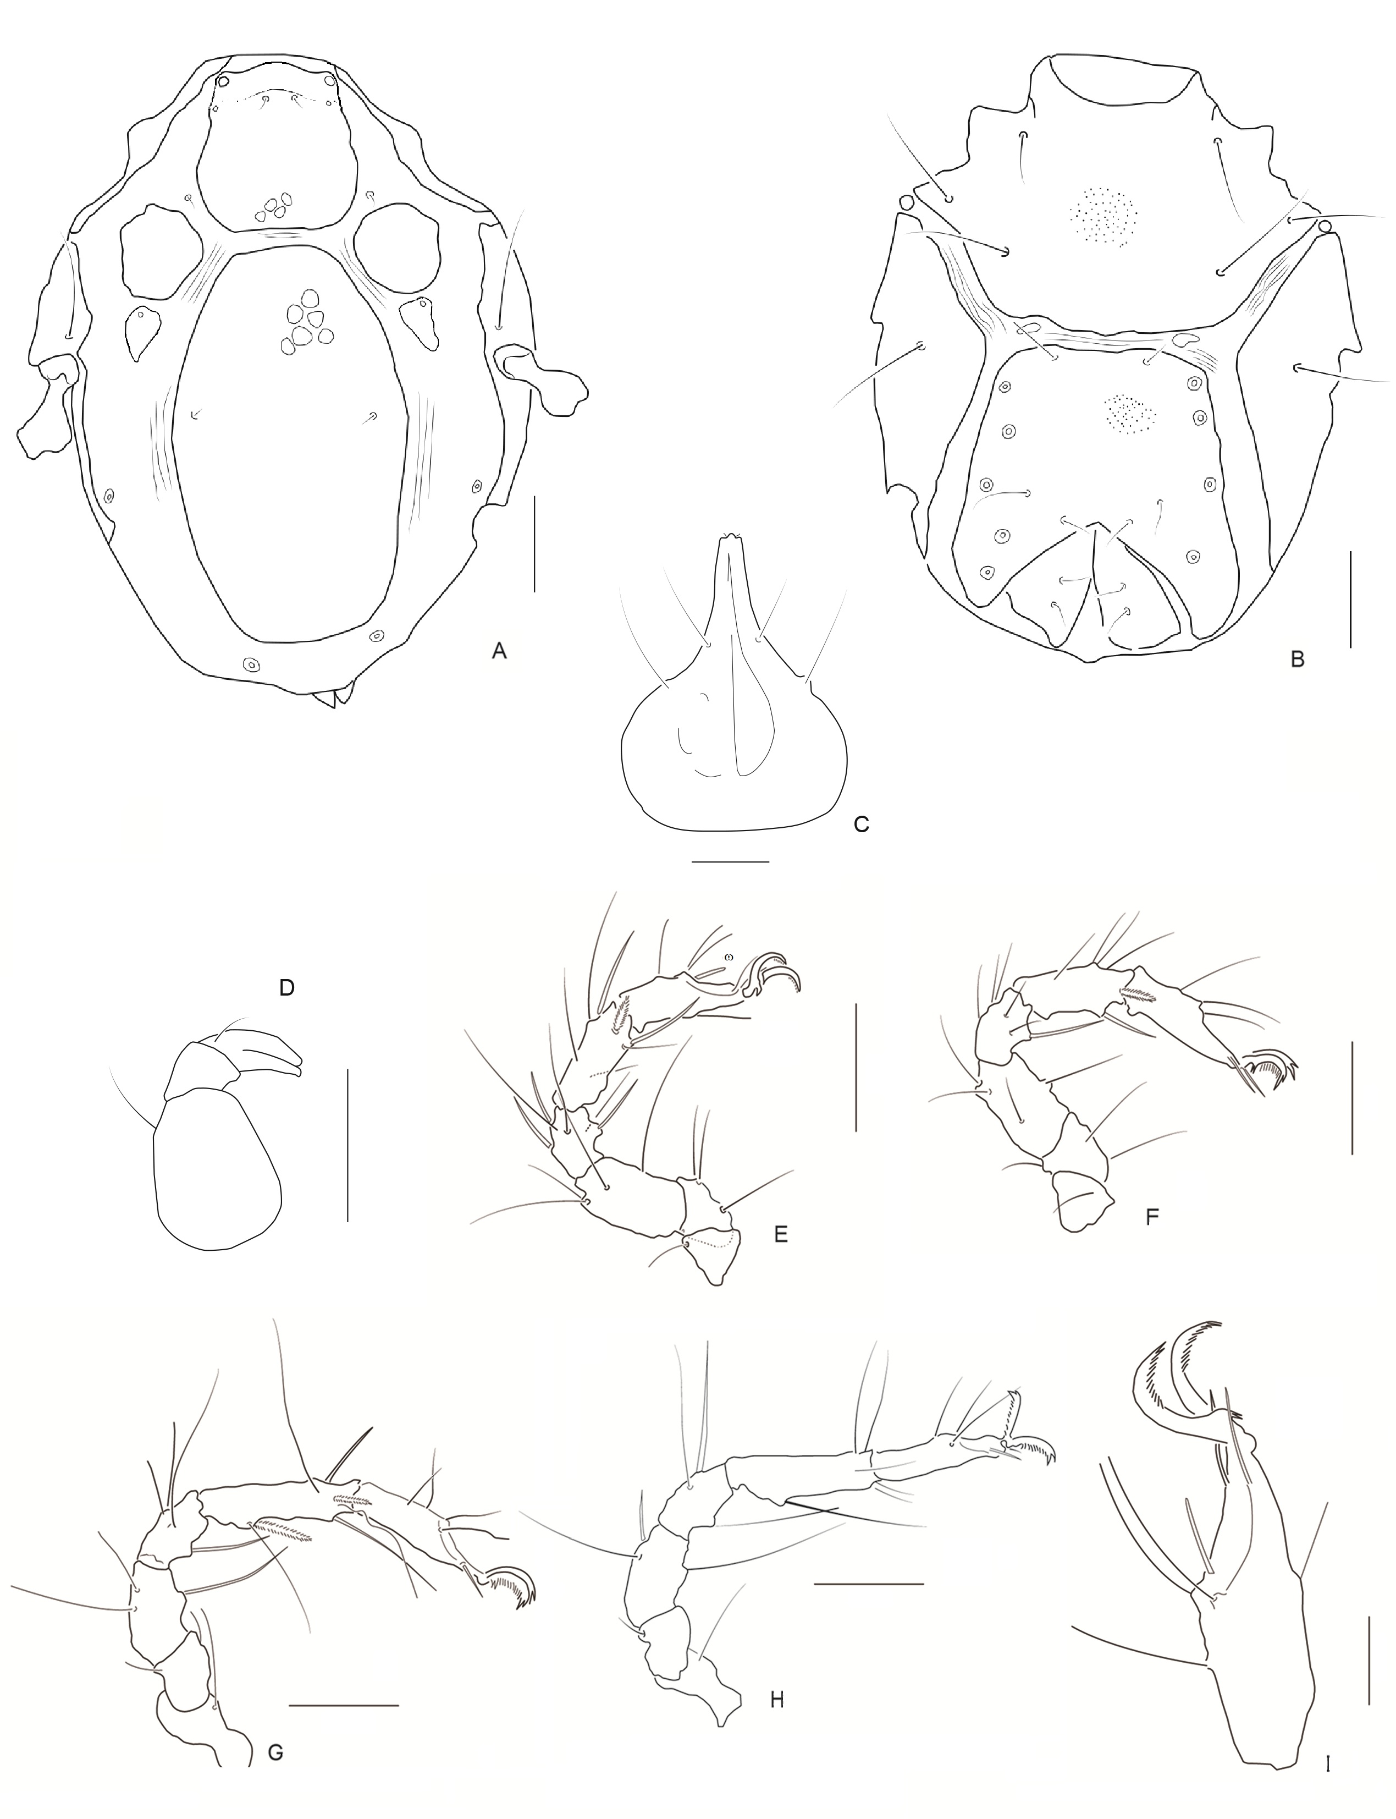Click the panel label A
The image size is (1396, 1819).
[499, 652]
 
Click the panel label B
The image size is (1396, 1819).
[1297, 660]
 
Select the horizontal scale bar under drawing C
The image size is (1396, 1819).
[730, 862]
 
